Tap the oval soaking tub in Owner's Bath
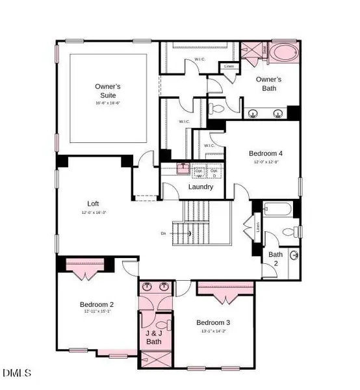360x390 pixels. pyautogui.click(x=284, y=54)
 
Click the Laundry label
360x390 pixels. pyautogui.click(x=201, y=187)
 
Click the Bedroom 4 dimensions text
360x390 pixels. pyautogui.click(x=265, y=162)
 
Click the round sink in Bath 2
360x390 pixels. pyautogui.click(x=294, y=254)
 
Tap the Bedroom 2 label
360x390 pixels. pyautogui.click(x=97, y=304)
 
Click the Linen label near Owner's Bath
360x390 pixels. pyautogui.click(x=228, y=66)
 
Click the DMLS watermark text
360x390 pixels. pyautogui.click(x=18, y=373)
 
